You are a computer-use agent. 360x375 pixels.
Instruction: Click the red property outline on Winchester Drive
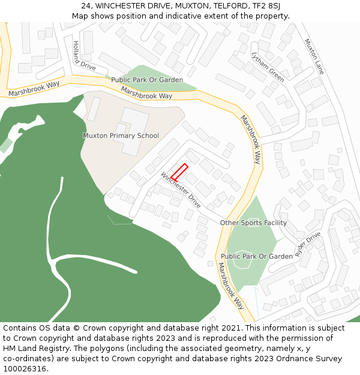pyautogui.click(x=179, y=173)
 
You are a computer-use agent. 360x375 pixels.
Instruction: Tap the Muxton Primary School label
pyautogui.click(x=121, y=136)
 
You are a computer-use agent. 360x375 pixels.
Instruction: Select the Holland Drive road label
pyautogui.click(x=83, y=56)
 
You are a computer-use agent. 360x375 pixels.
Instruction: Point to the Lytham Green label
pyautogui.click(x=268, y=67)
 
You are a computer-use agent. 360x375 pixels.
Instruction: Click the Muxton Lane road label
pyautogui.click(x=314, y=56)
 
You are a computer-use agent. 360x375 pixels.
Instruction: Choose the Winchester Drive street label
pyautogui.click(x=181, y=190)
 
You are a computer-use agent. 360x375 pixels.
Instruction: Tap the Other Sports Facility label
pyautogui.click(x=253, y=223)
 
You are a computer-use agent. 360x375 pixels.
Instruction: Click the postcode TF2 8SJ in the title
pyautogui.click(x=266, y=5)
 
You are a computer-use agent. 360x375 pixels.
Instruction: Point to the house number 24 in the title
pyautogui.click(x=86, y=5)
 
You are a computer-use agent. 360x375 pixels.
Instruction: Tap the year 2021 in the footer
pyautogui.click(x=232, y=328)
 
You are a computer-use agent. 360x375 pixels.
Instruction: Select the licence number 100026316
pyautogui.click(x=25, y=368)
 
